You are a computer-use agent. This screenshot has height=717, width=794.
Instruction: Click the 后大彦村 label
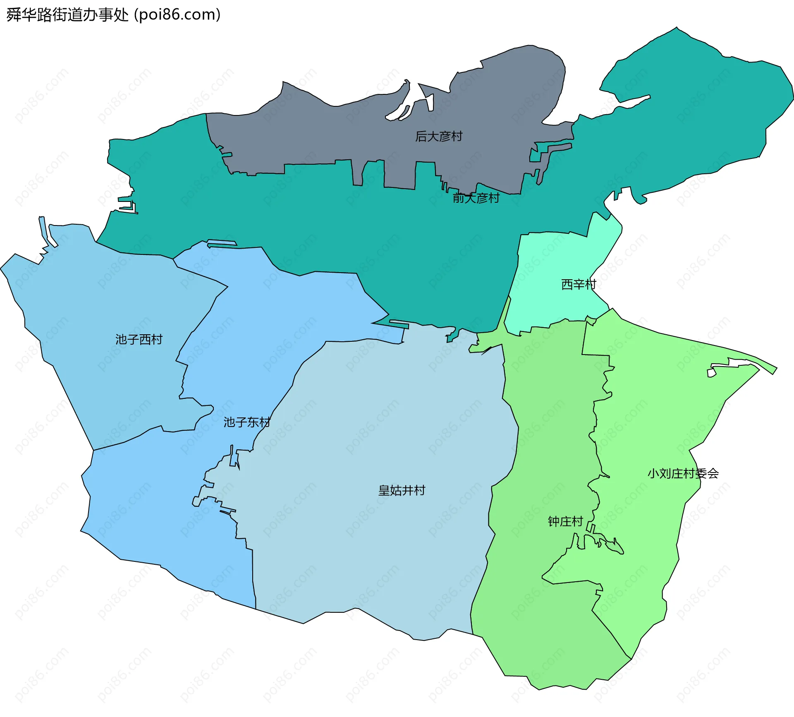(439, 136)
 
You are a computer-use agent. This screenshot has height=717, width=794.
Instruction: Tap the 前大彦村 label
(476, 198)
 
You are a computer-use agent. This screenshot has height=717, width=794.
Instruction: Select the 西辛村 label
(579, 284)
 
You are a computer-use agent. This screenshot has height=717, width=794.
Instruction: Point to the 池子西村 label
(139, 339)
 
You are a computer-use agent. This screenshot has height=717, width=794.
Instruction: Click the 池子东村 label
(247, 422)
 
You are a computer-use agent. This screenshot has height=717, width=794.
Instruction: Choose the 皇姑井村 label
(402, 490)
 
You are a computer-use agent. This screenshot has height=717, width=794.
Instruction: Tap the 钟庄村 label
(565, 521)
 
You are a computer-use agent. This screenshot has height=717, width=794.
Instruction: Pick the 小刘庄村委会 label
(683, 473)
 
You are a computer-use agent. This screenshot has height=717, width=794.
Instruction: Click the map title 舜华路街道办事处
(68, 15)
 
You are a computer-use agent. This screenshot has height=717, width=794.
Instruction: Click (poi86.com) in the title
(177, 15)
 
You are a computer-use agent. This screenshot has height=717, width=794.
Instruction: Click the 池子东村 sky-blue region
(165, 517)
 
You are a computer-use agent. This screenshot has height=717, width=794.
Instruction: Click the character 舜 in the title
(14, 15)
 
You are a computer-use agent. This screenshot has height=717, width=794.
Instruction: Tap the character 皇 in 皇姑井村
(384, 490)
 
